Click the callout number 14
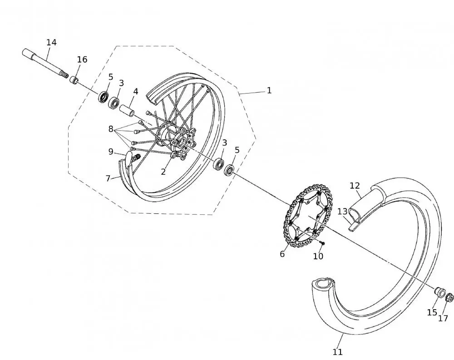click(x=51, y=42)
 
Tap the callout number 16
click(x=82, y=59)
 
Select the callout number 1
click(x=269, y=90)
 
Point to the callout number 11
click(x=337, y=351)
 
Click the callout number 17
click(x=443, y=318)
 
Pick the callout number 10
click(x=318, y=256)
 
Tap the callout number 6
click(x=282, y=254)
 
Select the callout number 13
click(x=342, y=212)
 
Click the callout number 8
click(x=111, y=129)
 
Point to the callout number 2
click(x=163, y=172)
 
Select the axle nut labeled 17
click(x=450, y=298)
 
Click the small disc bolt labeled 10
click(x=322, y=244)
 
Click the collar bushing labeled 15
click(x=439, y=291)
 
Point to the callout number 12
click(x=355, y=185)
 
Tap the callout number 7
click(x=108, y=178)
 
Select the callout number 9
click(x=111, y=151)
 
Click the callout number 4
click(x=135, y=91)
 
